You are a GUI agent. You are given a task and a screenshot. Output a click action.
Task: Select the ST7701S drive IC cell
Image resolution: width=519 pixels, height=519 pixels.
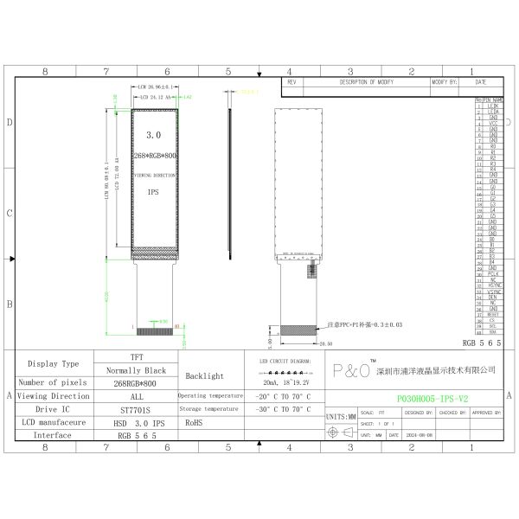tap(135, 409)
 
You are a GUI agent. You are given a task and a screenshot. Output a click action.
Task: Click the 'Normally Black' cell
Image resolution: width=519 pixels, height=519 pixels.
tap(136, 369)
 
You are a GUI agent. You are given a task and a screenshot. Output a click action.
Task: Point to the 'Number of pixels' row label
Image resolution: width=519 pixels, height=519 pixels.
tap(54, 382)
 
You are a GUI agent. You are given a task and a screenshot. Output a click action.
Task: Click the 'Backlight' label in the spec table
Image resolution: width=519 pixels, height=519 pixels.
tap(204, 376)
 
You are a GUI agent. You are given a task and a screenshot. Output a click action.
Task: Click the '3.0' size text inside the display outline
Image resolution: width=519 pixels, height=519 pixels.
tap(154, 136)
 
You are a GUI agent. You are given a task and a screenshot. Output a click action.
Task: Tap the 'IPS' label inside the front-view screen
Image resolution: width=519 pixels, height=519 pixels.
tap(153, 192)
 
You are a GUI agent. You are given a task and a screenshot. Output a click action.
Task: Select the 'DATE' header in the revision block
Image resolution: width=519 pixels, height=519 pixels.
tap(481, 81)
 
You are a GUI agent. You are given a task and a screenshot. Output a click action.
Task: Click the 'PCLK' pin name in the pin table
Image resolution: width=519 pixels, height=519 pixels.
tap(492, 273)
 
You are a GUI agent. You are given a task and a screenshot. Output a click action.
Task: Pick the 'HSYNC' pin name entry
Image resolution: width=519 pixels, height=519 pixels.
tap(493, 285)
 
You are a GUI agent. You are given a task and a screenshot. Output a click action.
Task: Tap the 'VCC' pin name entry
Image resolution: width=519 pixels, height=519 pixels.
tap(493, 124)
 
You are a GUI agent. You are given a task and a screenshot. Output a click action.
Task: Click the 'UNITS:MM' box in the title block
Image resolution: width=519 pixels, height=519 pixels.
tap(339, 417)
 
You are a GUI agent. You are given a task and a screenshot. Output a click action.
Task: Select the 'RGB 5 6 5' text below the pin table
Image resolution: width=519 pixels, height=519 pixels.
tap(482, 343)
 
